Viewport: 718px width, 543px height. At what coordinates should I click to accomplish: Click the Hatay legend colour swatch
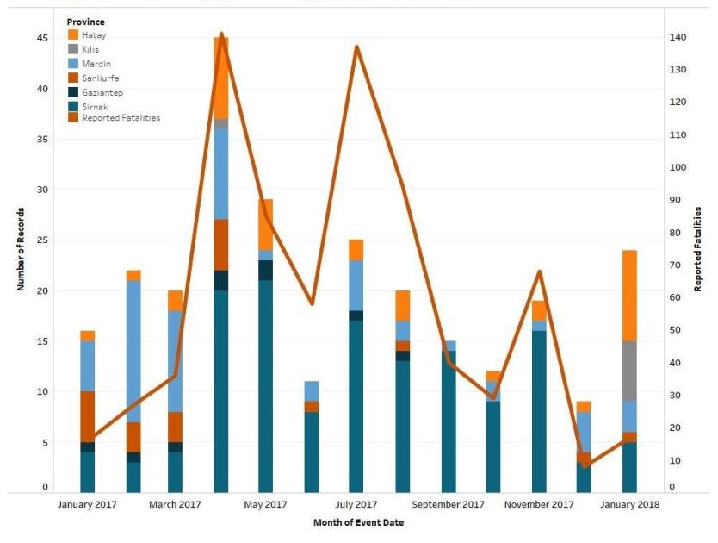click(x=74, y=34)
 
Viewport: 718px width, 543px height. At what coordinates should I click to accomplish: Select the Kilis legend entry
click(x=90, y=49)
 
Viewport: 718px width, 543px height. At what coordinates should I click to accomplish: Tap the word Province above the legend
click(x=86, y=21)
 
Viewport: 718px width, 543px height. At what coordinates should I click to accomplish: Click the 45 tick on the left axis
click(x=42, y=38)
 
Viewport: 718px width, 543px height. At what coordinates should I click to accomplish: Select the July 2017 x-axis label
click(x=356, y=504)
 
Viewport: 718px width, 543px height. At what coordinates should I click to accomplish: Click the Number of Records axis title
click(x=21, y=249)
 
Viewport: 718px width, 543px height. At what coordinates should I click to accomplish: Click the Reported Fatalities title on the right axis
click(x=697, y=249)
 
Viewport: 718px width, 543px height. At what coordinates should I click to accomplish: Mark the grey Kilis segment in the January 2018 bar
click(x=630, y=371)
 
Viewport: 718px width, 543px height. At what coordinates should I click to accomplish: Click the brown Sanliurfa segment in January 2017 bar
click(x=88, y=417)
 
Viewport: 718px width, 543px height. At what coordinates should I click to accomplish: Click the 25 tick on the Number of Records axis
click(x=42, y=240)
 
